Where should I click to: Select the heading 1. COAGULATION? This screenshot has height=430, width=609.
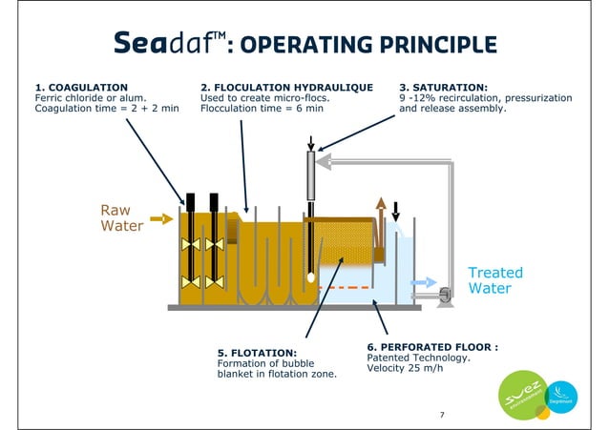click(81, 87)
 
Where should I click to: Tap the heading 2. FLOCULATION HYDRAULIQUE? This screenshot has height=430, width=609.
click(286, 87)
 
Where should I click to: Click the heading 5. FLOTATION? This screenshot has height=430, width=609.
click(257, 352)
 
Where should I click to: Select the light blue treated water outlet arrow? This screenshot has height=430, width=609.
click(424, 282)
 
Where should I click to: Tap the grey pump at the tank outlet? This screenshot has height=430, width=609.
click(445, 297)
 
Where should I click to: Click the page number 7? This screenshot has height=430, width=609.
click(441, 415)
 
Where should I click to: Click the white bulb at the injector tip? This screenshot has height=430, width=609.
click(310, 276)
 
